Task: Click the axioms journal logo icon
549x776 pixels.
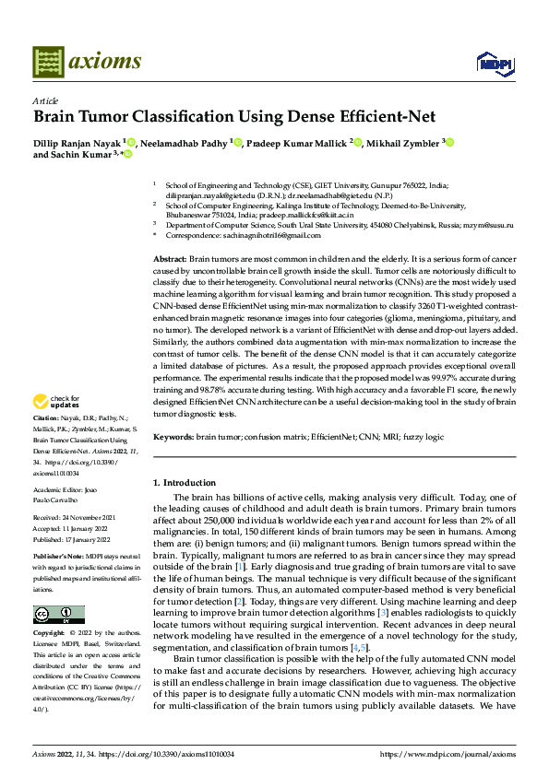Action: coord(49,62)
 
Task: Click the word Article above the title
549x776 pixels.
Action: coord(45,100)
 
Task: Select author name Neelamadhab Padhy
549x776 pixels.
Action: coord(185,143)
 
